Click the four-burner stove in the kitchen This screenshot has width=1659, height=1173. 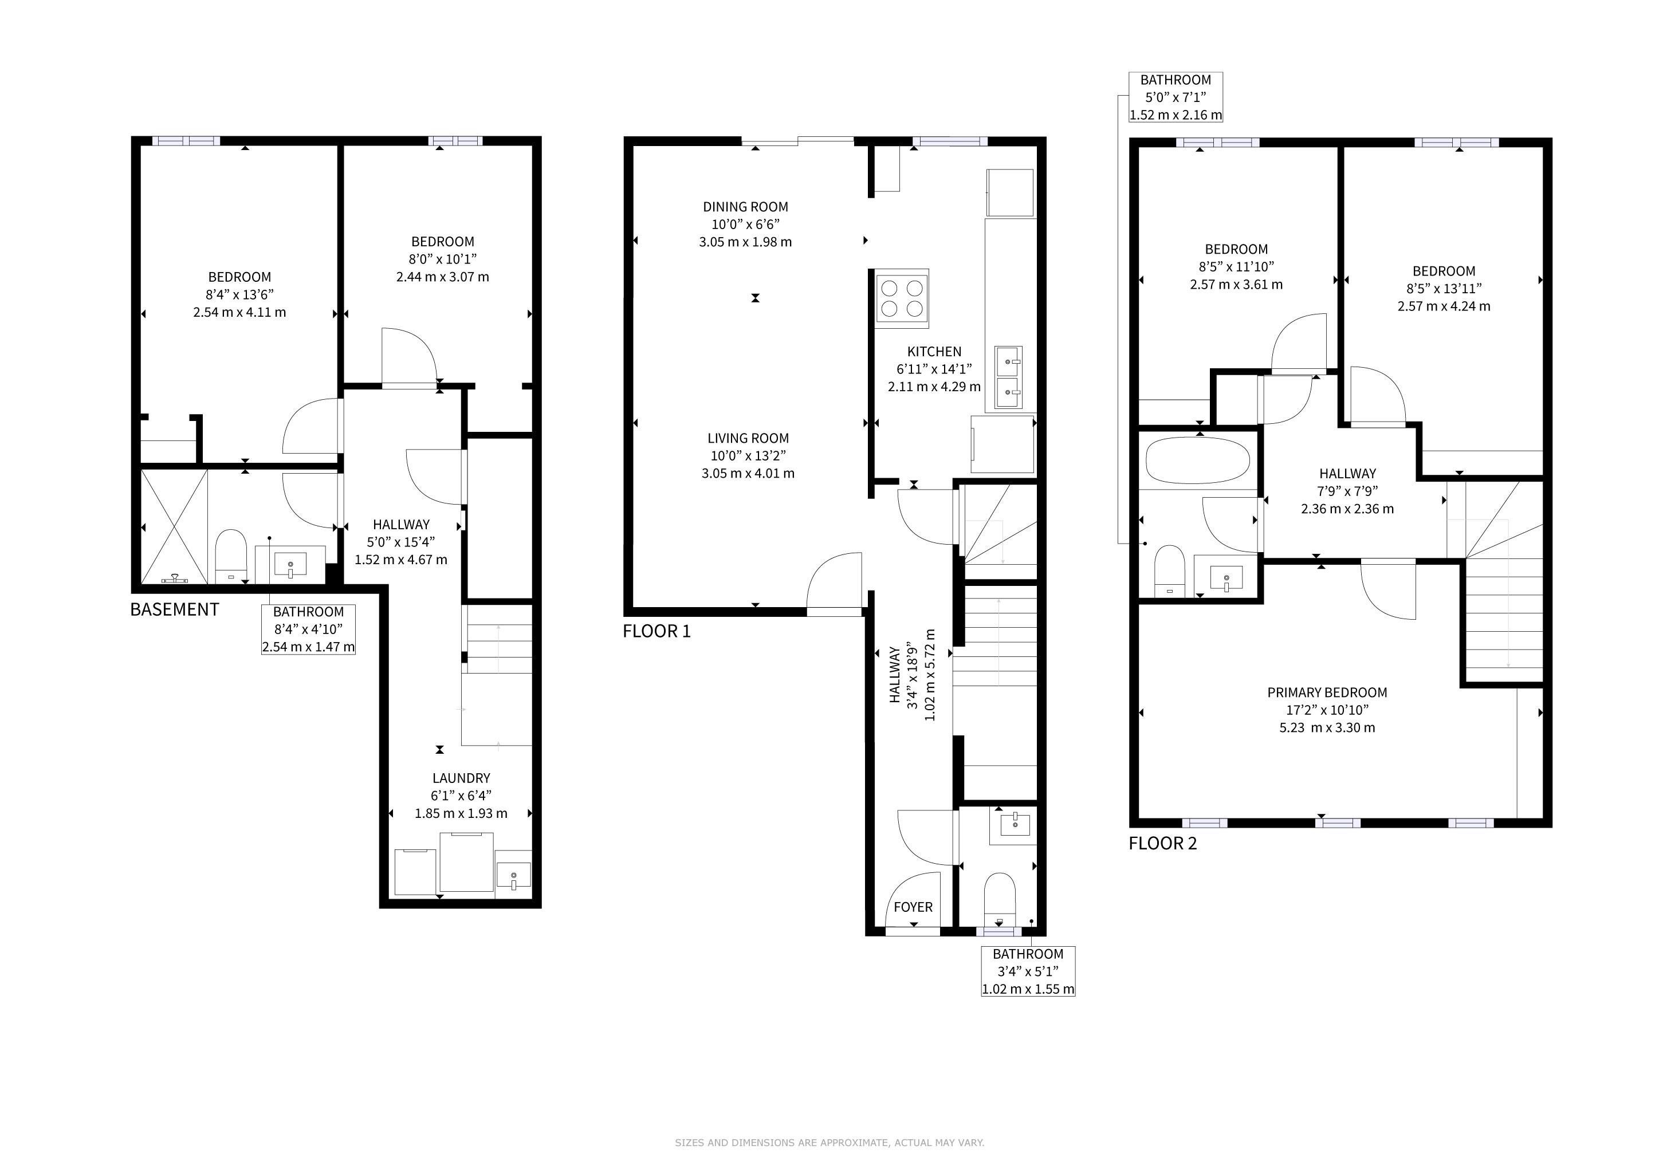(x=902, y=298)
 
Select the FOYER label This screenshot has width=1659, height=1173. (x=913, y=907)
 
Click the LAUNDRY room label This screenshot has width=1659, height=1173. (x=461, y=778)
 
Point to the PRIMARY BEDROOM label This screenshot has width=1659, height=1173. (x=1327, y=692)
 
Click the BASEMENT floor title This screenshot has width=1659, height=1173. (x=174, y=609)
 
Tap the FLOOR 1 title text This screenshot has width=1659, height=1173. (x=657, y=631)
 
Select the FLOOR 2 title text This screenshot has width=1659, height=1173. (x=1162, y=844)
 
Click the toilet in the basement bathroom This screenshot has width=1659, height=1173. (x=231, y=555)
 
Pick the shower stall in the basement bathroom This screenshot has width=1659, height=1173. (x=174, y=526)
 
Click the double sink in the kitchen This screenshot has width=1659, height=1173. (x=1008, y=377)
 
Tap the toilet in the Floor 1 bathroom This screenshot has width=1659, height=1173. (x=1000, y=899)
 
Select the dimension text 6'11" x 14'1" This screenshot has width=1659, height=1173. (x=934, y=369)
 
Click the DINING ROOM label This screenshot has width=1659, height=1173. (x=746, y=207)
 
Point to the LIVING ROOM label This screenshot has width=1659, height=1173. (x=748, y=438)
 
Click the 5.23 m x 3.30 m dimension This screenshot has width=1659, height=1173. (x=1327, y=727)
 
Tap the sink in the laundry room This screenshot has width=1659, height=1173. (x=514, y=875)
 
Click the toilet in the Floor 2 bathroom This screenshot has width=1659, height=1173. (x=1170, y=570)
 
